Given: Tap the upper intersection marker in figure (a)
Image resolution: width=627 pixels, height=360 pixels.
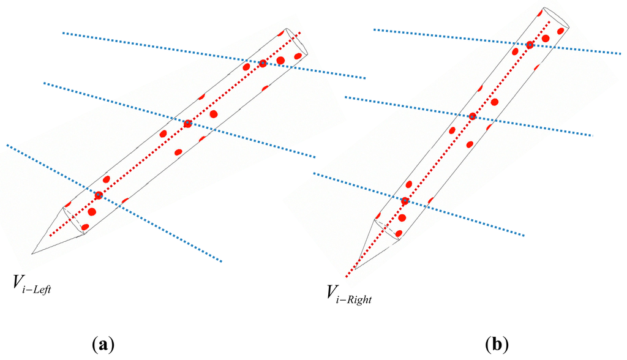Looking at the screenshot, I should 263,63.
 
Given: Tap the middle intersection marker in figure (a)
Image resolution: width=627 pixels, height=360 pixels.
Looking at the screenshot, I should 188,123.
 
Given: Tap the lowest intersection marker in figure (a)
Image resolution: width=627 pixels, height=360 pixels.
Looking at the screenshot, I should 99,195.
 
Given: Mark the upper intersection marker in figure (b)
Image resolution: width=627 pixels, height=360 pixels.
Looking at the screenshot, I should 530,45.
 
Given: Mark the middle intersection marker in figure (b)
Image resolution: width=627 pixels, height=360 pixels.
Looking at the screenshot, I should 472,116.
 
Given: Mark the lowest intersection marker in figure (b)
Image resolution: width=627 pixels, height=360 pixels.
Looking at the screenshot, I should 405,201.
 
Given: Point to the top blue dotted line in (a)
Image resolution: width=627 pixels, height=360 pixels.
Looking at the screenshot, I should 153,46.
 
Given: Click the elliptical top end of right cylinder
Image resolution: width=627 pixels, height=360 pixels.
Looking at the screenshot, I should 557,18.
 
